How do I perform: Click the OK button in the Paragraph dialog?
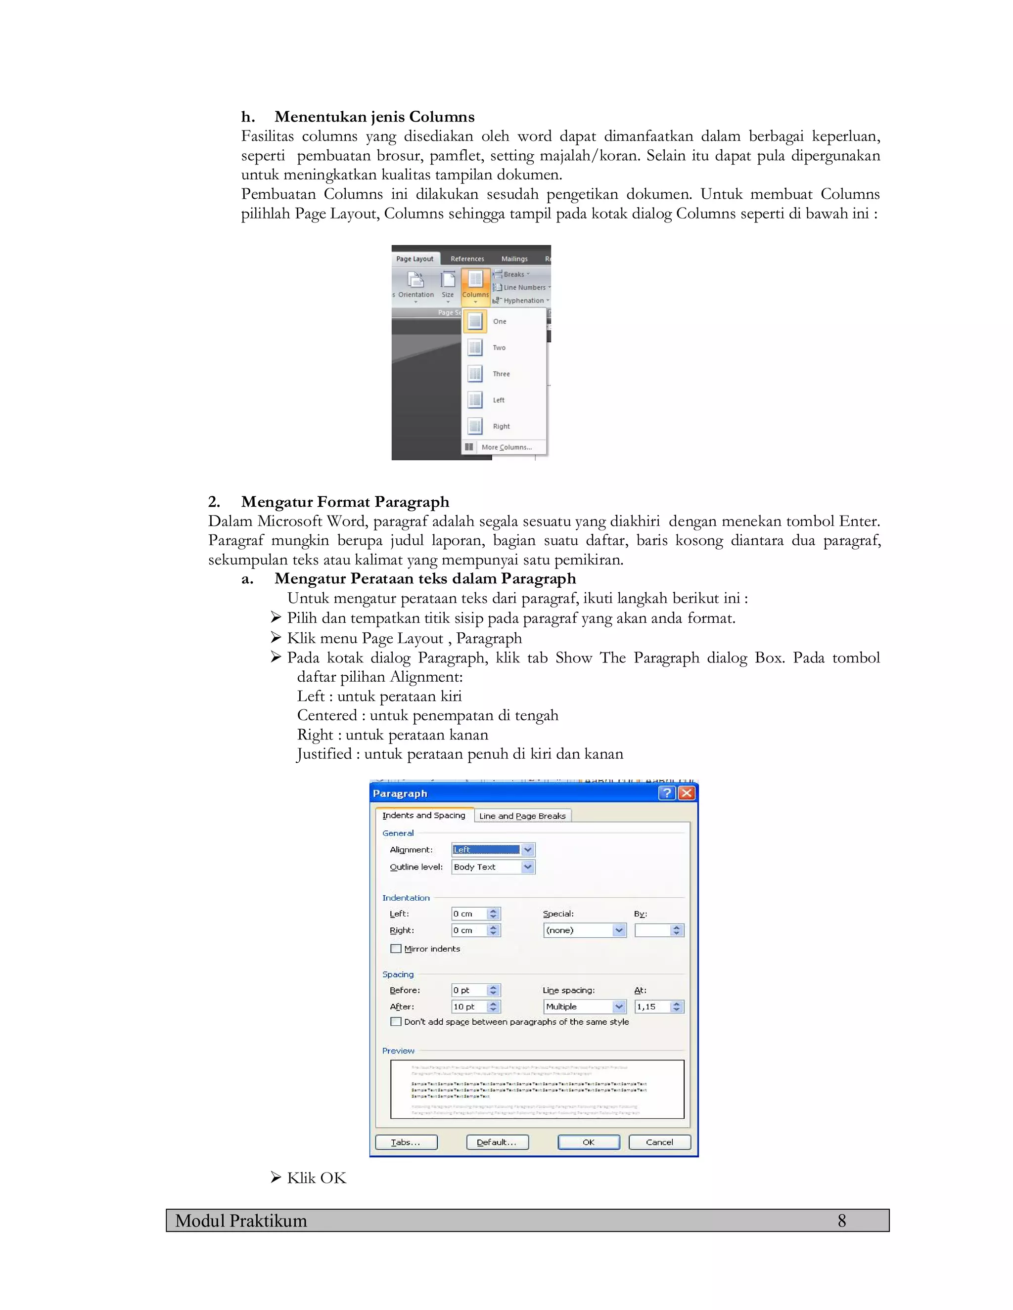point(588,1142)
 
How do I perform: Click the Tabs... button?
point(406,1142)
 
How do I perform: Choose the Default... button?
point(497,1142)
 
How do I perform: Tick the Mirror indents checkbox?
point(396,948)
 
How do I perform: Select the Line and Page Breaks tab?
point(522,816)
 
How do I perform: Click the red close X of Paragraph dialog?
point(687,793)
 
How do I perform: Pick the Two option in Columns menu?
point(499,348)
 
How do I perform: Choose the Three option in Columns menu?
point(501,374)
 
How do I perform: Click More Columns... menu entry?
point(506,447)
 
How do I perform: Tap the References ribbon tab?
point(467,259)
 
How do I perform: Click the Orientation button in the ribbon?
point(415,286)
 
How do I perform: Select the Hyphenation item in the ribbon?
point(522,301)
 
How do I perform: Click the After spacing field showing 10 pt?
point(469,1006)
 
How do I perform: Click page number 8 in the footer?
point(841,1221)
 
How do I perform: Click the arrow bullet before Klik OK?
point(276,1178)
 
